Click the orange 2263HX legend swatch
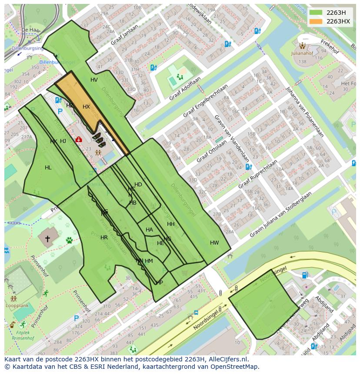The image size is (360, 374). (316, 21)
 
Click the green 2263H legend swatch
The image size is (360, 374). (316, 13)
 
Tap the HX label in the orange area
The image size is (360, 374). (86, 107)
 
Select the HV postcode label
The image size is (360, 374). (94, 80)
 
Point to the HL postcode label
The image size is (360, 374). (48, 168)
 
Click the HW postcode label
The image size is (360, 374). (214, 243)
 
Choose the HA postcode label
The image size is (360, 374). (149, 230)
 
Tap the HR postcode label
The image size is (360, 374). (104, 238)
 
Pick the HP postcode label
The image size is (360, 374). (160, 283)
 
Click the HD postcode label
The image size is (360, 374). (138, 185)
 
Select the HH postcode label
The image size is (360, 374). (171, 224)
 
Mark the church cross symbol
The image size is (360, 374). (47, 238)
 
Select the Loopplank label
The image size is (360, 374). (14, 305)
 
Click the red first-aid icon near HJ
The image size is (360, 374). (79, 139)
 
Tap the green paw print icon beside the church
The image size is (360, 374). (69, 240)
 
